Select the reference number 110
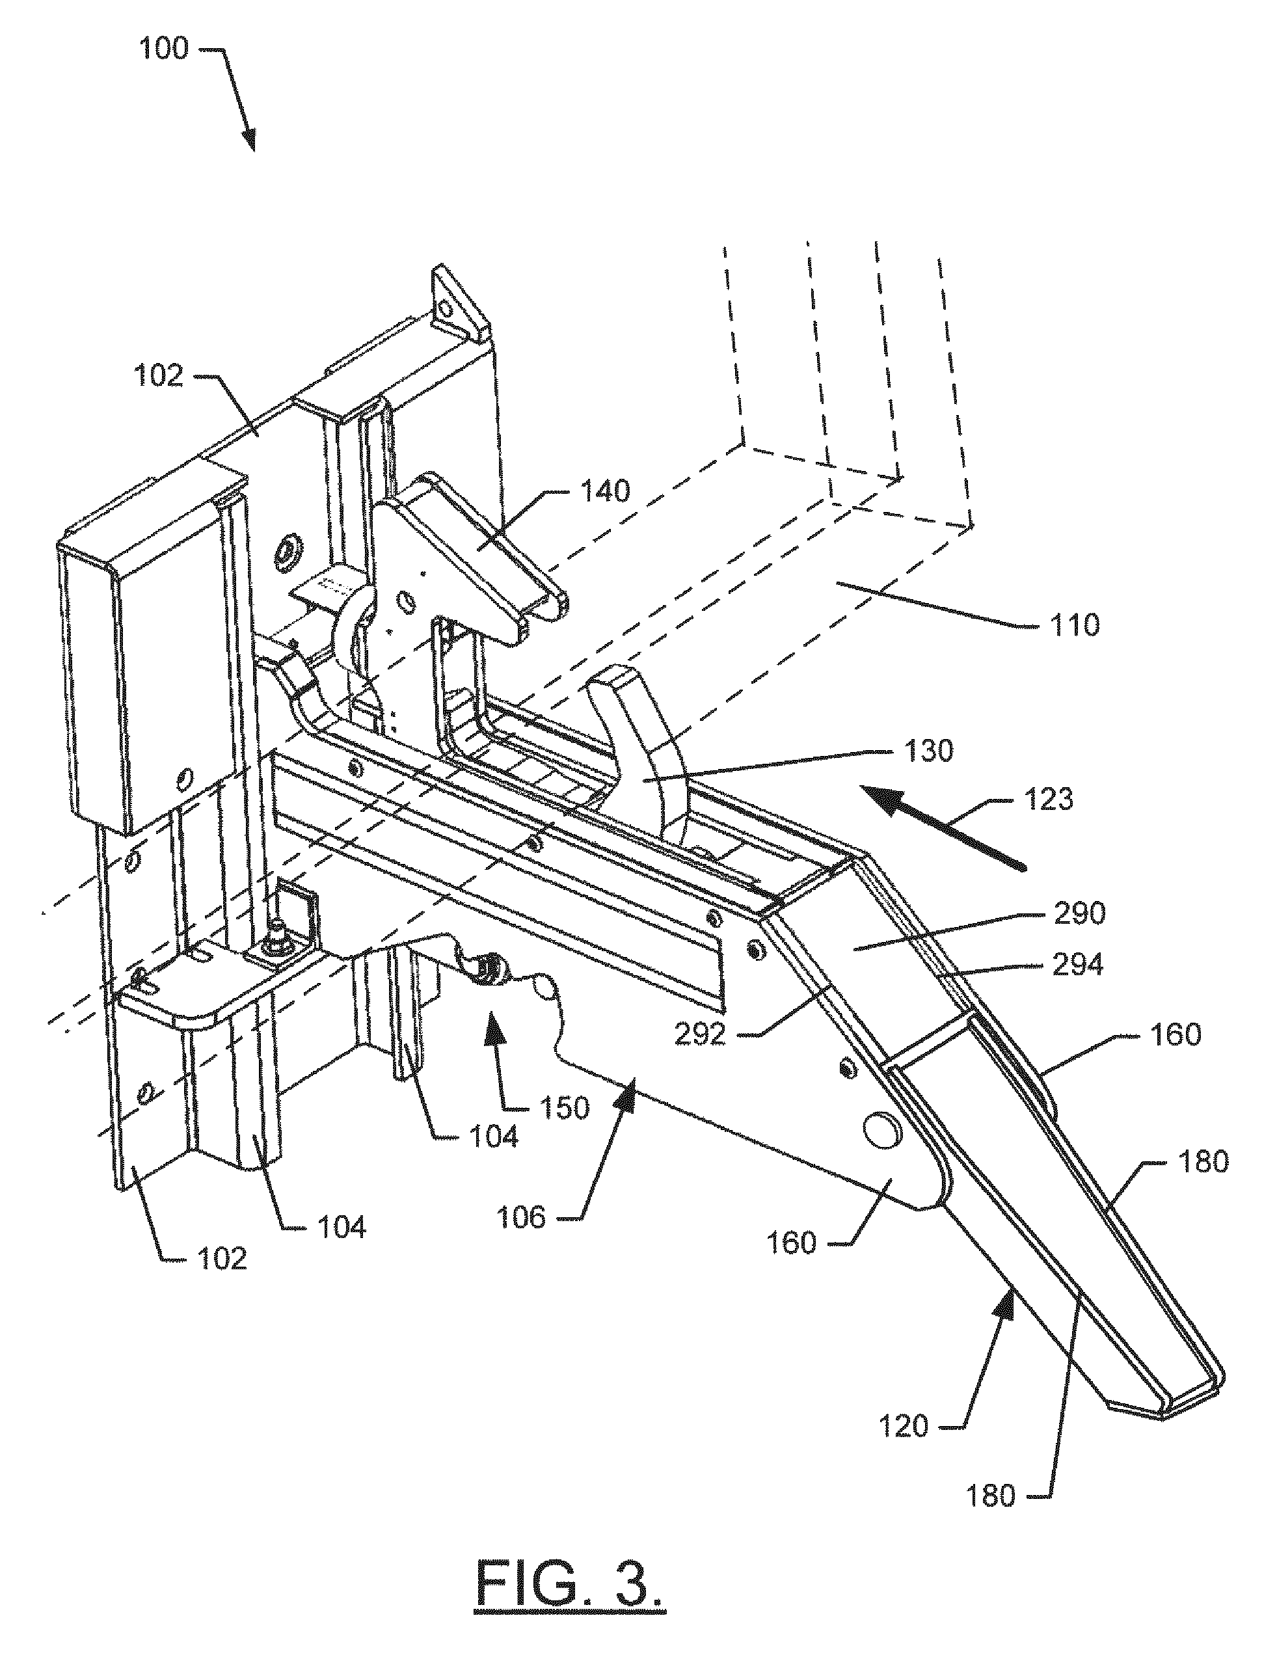tap(1073, 625)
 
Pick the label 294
tap(1078, 966)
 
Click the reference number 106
tap(520, 1218)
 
